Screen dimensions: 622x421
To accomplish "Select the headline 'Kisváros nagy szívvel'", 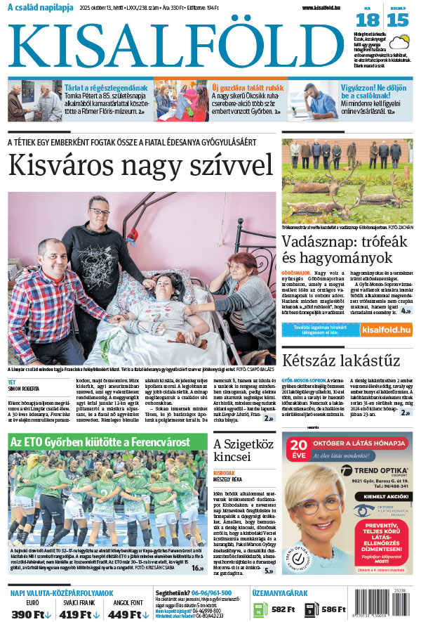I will tap(140, 165).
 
